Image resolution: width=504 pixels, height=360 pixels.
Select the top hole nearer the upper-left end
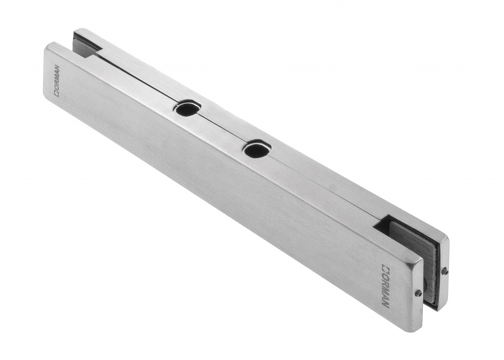(187, 109)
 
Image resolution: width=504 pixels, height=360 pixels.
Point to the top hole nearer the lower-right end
(256, 150)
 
